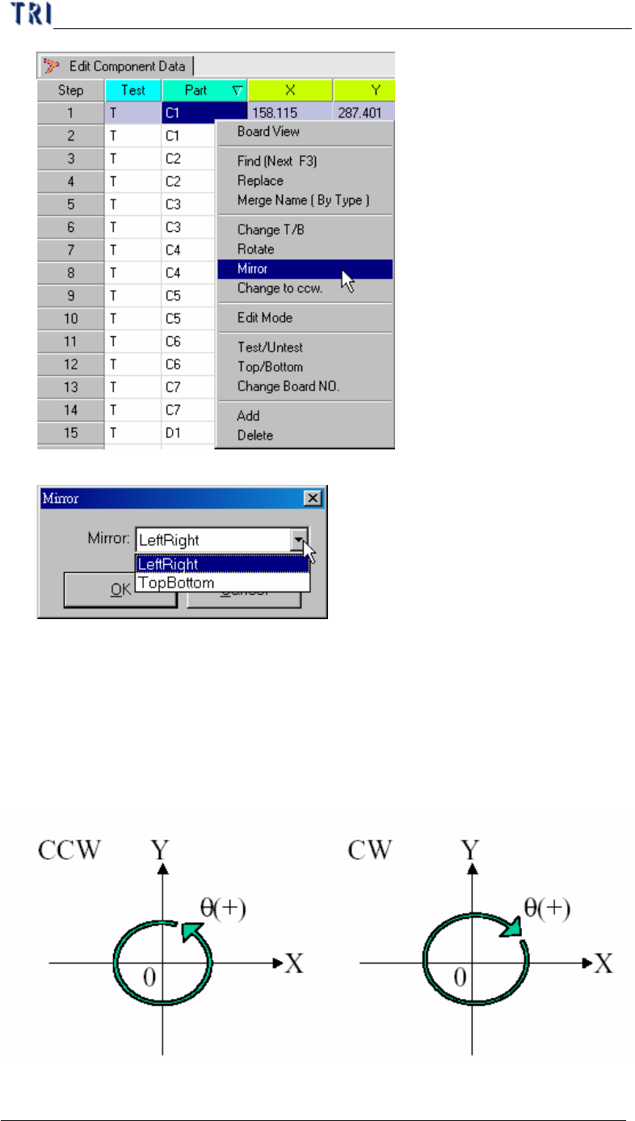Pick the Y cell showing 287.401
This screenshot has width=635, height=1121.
pyautogui.click(x=364, y=112)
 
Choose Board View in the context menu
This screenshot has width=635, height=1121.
pyautogui.click(x=268, y=132)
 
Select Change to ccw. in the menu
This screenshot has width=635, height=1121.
pyautogui.click(x=280, y=288)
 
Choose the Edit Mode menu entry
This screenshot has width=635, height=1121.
pyautogui.click(x=265, y=318)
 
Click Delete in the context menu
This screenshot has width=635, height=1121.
pyautogui.click(x=255, y=436)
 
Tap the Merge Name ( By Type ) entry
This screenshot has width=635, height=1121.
pyautogui.click(x=303, y=200)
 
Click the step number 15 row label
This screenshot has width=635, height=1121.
pyautogui.click(x=71, y=433)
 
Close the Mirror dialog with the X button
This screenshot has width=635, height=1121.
pyautogui.click(x=313, y=499)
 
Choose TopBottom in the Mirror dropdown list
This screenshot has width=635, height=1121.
pyautogui.click(x=176, y=583)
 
